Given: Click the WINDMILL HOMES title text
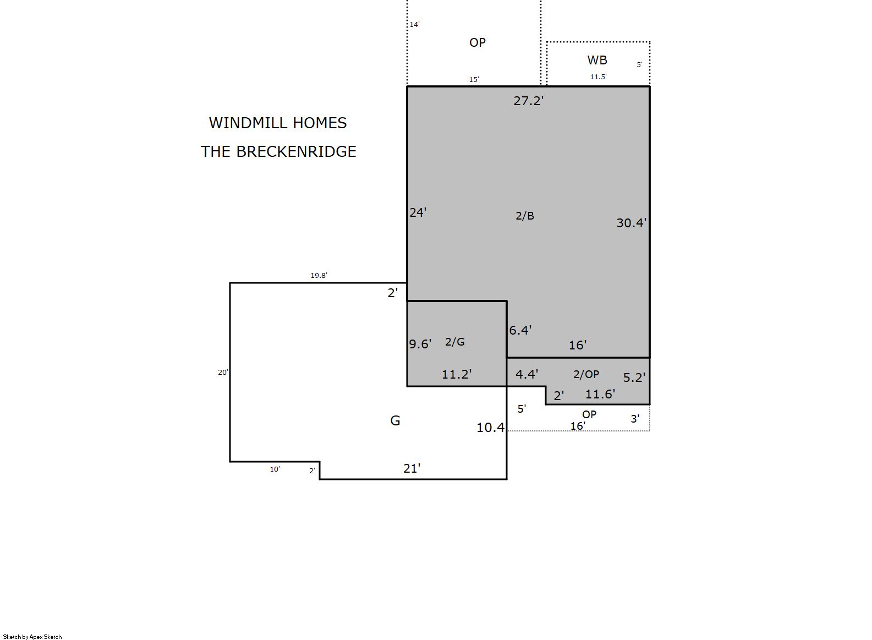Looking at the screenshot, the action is [x=278, y=123].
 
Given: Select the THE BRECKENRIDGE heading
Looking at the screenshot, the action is [x=278, y=151].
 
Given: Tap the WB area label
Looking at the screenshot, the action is [x=597, y=60].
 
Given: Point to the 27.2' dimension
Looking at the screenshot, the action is [x=528, y=101].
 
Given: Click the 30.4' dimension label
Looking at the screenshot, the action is [x=631, y=223].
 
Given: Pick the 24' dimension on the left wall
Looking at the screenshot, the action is [x=418, y=212].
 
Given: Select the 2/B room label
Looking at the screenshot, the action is [x=525, y=216].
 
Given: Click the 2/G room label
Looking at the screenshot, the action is [x=454, y=342].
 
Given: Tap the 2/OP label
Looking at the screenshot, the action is [x=586, y=374].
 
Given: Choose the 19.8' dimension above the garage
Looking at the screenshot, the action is [x=319, y=276].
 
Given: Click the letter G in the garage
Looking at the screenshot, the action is [x=395, y=420].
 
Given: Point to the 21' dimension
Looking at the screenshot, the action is [x=412, y=468].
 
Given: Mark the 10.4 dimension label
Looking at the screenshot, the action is [x=491, y=428].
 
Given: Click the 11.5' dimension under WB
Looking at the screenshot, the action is [x=598, y=76].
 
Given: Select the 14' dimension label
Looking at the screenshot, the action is [x=415, y=25].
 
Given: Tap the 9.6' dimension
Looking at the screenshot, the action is [x=420, y=344].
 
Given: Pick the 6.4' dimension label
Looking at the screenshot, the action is [x=520, y=330].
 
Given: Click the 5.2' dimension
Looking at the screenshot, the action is [x=634, y=377].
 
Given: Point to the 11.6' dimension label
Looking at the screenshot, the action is [x=600, y=394].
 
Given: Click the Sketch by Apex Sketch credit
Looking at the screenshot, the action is [x=32, y=637].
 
